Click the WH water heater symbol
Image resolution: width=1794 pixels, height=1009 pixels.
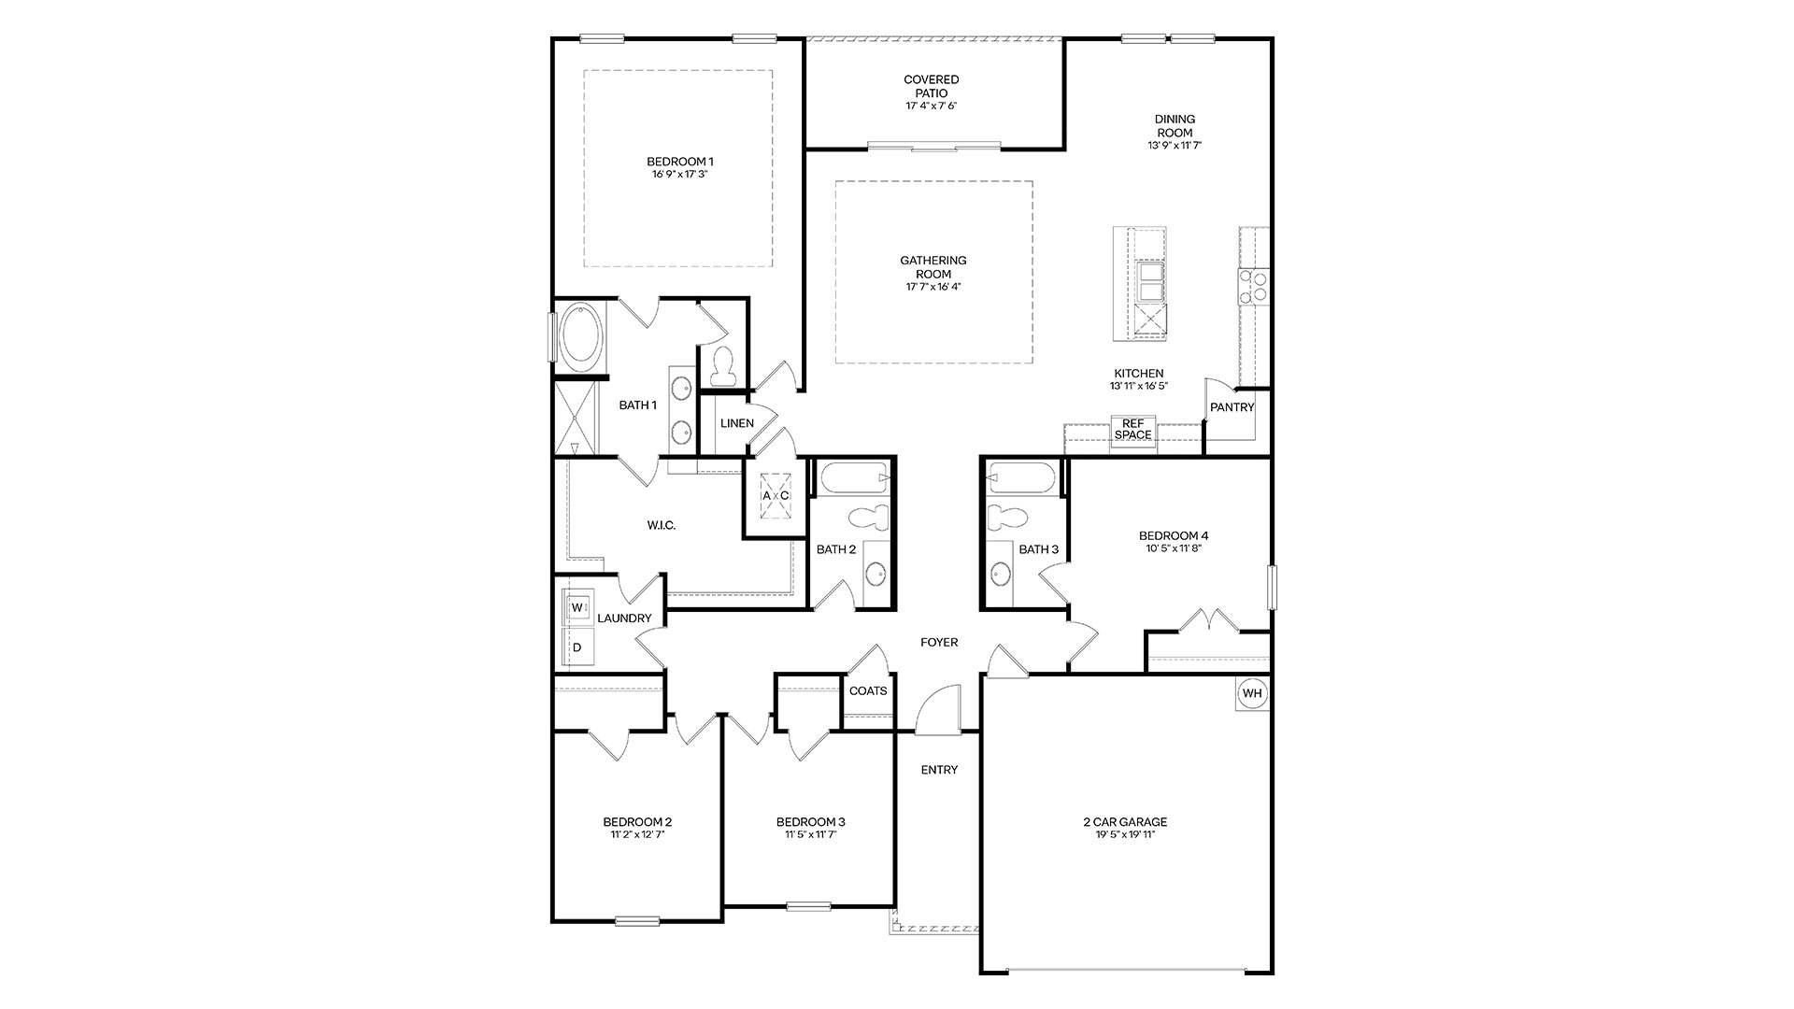(1252, 693)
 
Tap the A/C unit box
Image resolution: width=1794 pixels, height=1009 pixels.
(775, 495)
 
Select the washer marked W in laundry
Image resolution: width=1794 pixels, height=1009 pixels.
(577, 608)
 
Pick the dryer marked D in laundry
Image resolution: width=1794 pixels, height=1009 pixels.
(577, 647)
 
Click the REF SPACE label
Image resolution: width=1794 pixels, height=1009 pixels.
(1133, 430)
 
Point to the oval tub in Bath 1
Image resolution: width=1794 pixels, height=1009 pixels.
(580, 335)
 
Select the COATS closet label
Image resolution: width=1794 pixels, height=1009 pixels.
(868, 691)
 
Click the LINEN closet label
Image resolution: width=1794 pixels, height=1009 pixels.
(737, 423)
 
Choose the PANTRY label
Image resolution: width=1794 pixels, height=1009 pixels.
(1232, 407)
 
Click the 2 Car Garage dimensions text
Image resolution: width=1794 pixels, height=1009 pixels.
(1125, 834)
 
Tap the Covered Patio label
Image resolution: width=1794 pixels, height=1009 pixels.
(932, 86)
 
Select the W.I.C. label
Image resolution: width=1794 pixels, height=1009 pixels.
(662, 526)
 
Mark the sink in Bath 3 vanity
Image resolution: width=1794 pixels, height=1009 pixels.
(1001, 573)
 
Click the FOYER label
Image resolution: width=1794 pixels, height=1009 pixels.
(939, 643)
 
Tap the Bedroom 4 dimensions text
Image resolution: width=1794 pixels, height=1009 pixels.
(1174, 548)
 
